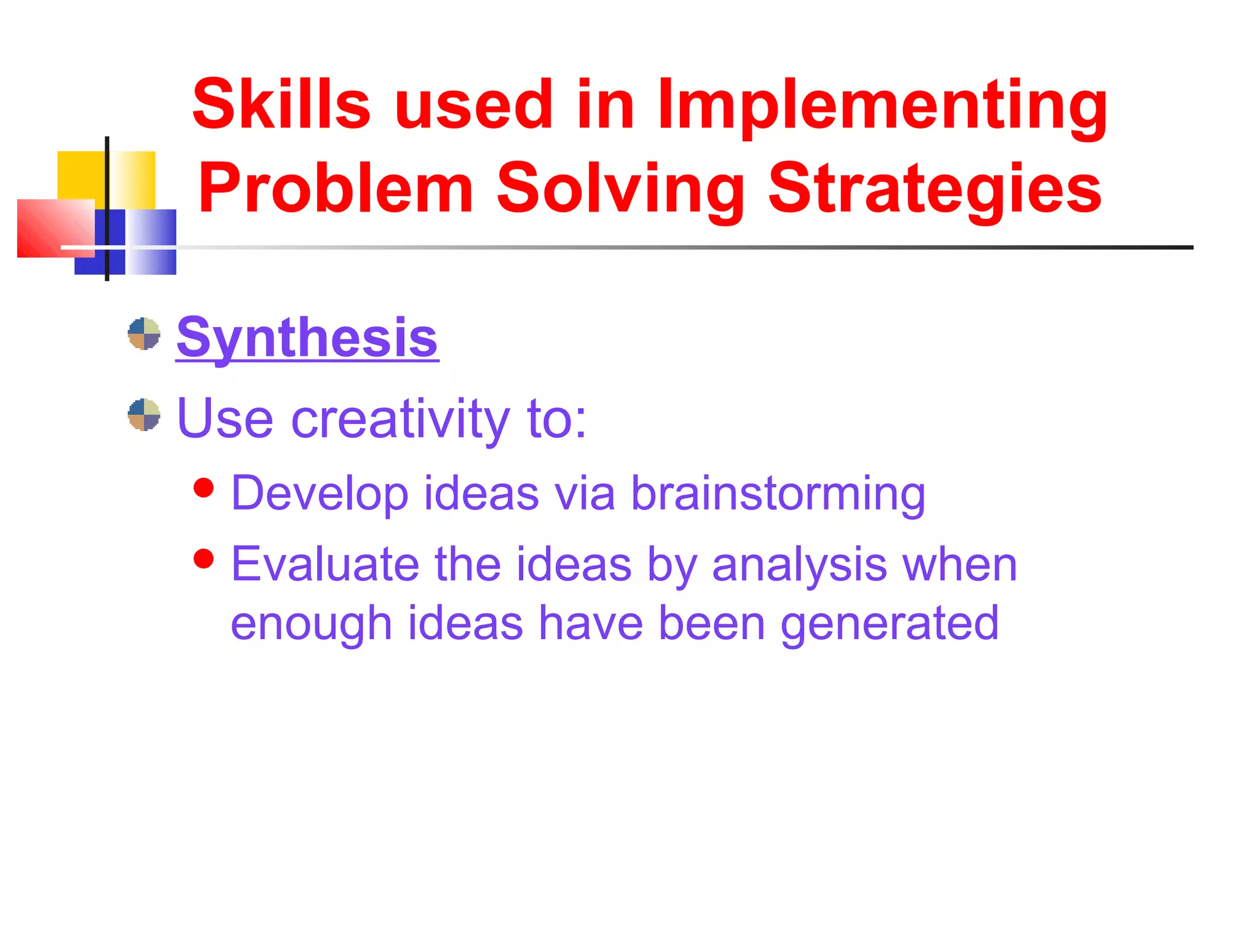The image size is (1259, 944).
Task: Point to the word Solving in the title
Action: click(x=620, y=189)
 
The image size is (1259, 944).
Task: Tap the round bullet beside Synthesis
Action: click(x=144, y=334)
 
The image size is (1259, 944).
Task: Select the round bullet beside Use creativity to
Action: click(x=144, y=415)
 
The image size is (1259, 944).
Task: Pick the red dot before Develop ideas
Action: click(x=203, y=488)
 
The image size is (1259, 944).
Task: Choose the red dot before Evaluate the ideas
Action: click(x=203, y=559)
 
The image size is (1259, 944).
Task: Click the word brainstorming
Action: click(x=778, y=494)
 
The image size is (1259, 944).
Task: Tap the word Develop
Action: click(x=320, y=494)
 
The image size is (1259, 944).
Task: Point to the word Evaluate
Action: click(x=325, y=564)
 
